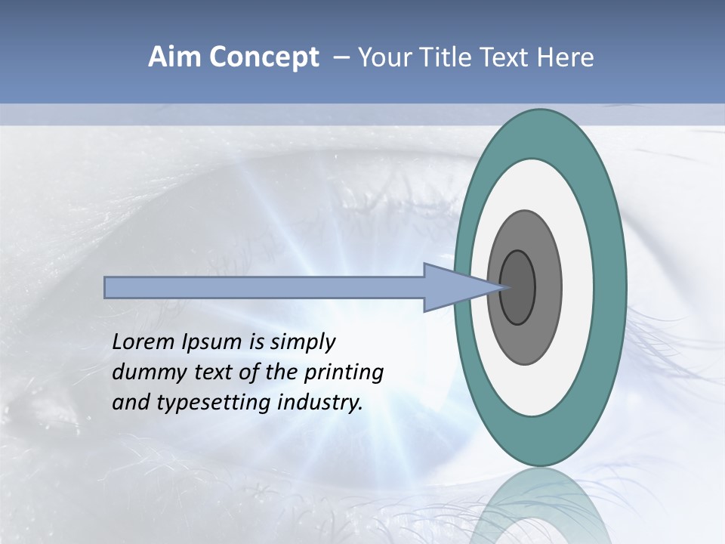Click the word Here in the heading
point(565,57)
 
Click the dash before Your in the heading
point(341,58)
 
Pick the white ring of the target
point(578,288)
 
